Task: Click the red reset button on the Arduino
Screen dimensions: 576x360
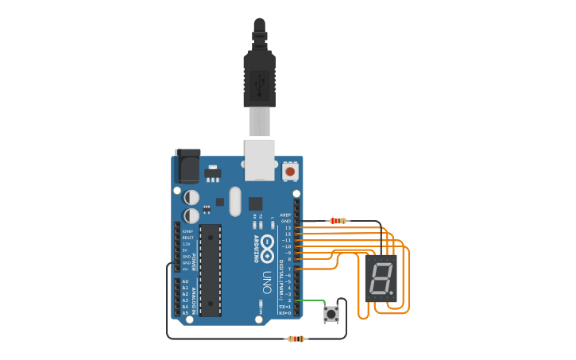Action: point(290,171)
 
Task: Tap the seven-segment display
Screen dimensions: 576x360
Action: point(381,278)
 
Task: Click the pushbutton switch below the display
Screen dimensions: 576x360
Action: point(331,314)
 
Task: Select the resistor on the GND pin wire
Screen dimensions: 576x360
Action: point(338,221)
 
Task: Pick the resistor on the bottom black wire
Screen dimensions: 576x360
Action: point(296,339)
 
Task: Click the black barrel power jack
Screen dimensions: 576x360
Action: point(187,166)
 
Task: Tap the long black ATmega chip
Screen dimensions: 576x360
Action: point(210,270)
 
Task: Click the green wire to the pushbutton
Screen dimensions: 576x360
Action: point(311,300)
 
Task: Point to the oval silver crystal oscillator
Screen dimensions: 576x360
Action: point(234,201)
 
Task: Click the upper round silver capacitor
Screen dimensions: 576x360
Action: point(191,196)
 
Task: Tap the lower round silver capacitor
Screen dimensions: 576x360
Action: point(191,215)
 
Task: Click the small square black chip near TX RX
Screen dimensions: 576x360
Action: point(255,203)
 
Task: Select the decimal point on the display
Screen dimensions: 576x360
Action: point(391,293)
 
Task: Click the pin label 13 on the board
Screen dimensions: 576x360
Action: point(288,227)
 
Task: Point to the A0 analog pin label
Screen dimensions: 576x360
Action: point(185,281)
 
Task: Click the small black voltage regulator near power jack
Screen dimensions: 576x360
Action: point(212,172)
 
